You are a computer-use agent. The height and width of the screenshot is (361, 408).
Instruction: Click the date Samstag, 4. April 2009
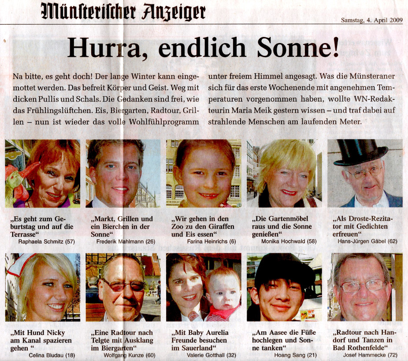click(372, 20)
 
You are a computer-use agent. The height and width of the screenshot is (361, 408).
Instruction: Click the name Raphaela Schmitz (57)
click(46, 241)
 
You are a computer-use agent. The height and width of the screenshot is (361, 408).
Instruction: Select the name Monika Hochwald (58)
click(285, 241)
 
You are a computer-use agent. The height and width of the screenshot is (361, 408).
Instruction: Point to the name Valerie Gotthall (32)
click(208, 355)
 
